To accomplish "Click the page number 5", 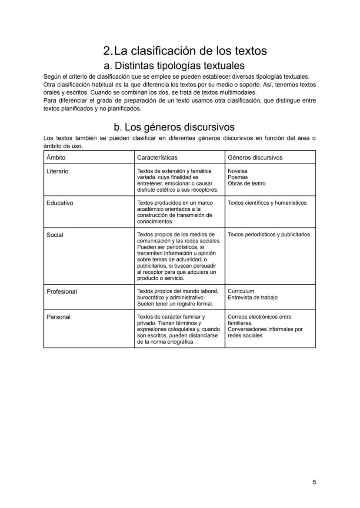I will tap(314, 482).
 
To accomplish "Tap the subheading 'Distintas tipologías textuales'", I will tap(179, 66).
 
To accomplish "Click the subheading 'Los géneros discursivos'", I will tap(179, 127).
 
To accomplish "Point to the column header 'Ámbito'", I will tap(56, 157).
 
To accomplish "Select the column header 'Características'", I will tap(157, 157).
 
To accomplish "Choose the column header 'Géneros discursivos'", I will tap(255, 157).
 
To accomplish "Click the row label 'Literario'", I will tap(57, 171).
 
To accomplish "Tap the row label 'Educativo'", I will tap(60, 203).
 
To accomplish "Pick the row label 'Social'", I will tap(55, 235).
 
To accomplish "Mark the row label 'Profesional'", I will tap(61, 292).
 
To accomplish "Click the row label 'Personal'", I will tap(58, 317).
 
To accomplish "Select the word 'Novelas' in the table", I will tap(237, 171).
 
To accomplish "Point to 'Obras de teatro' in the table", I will tap(247, 183).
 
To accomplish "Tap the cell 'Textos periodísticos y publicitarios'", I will tap(269, 235).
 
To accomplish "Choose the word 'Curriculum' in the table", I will tap(241, 291).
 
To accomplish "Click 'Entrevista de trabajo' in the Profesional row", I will tap(252, 298).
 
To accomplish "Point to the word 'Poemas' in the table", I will tap(237, 177).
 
